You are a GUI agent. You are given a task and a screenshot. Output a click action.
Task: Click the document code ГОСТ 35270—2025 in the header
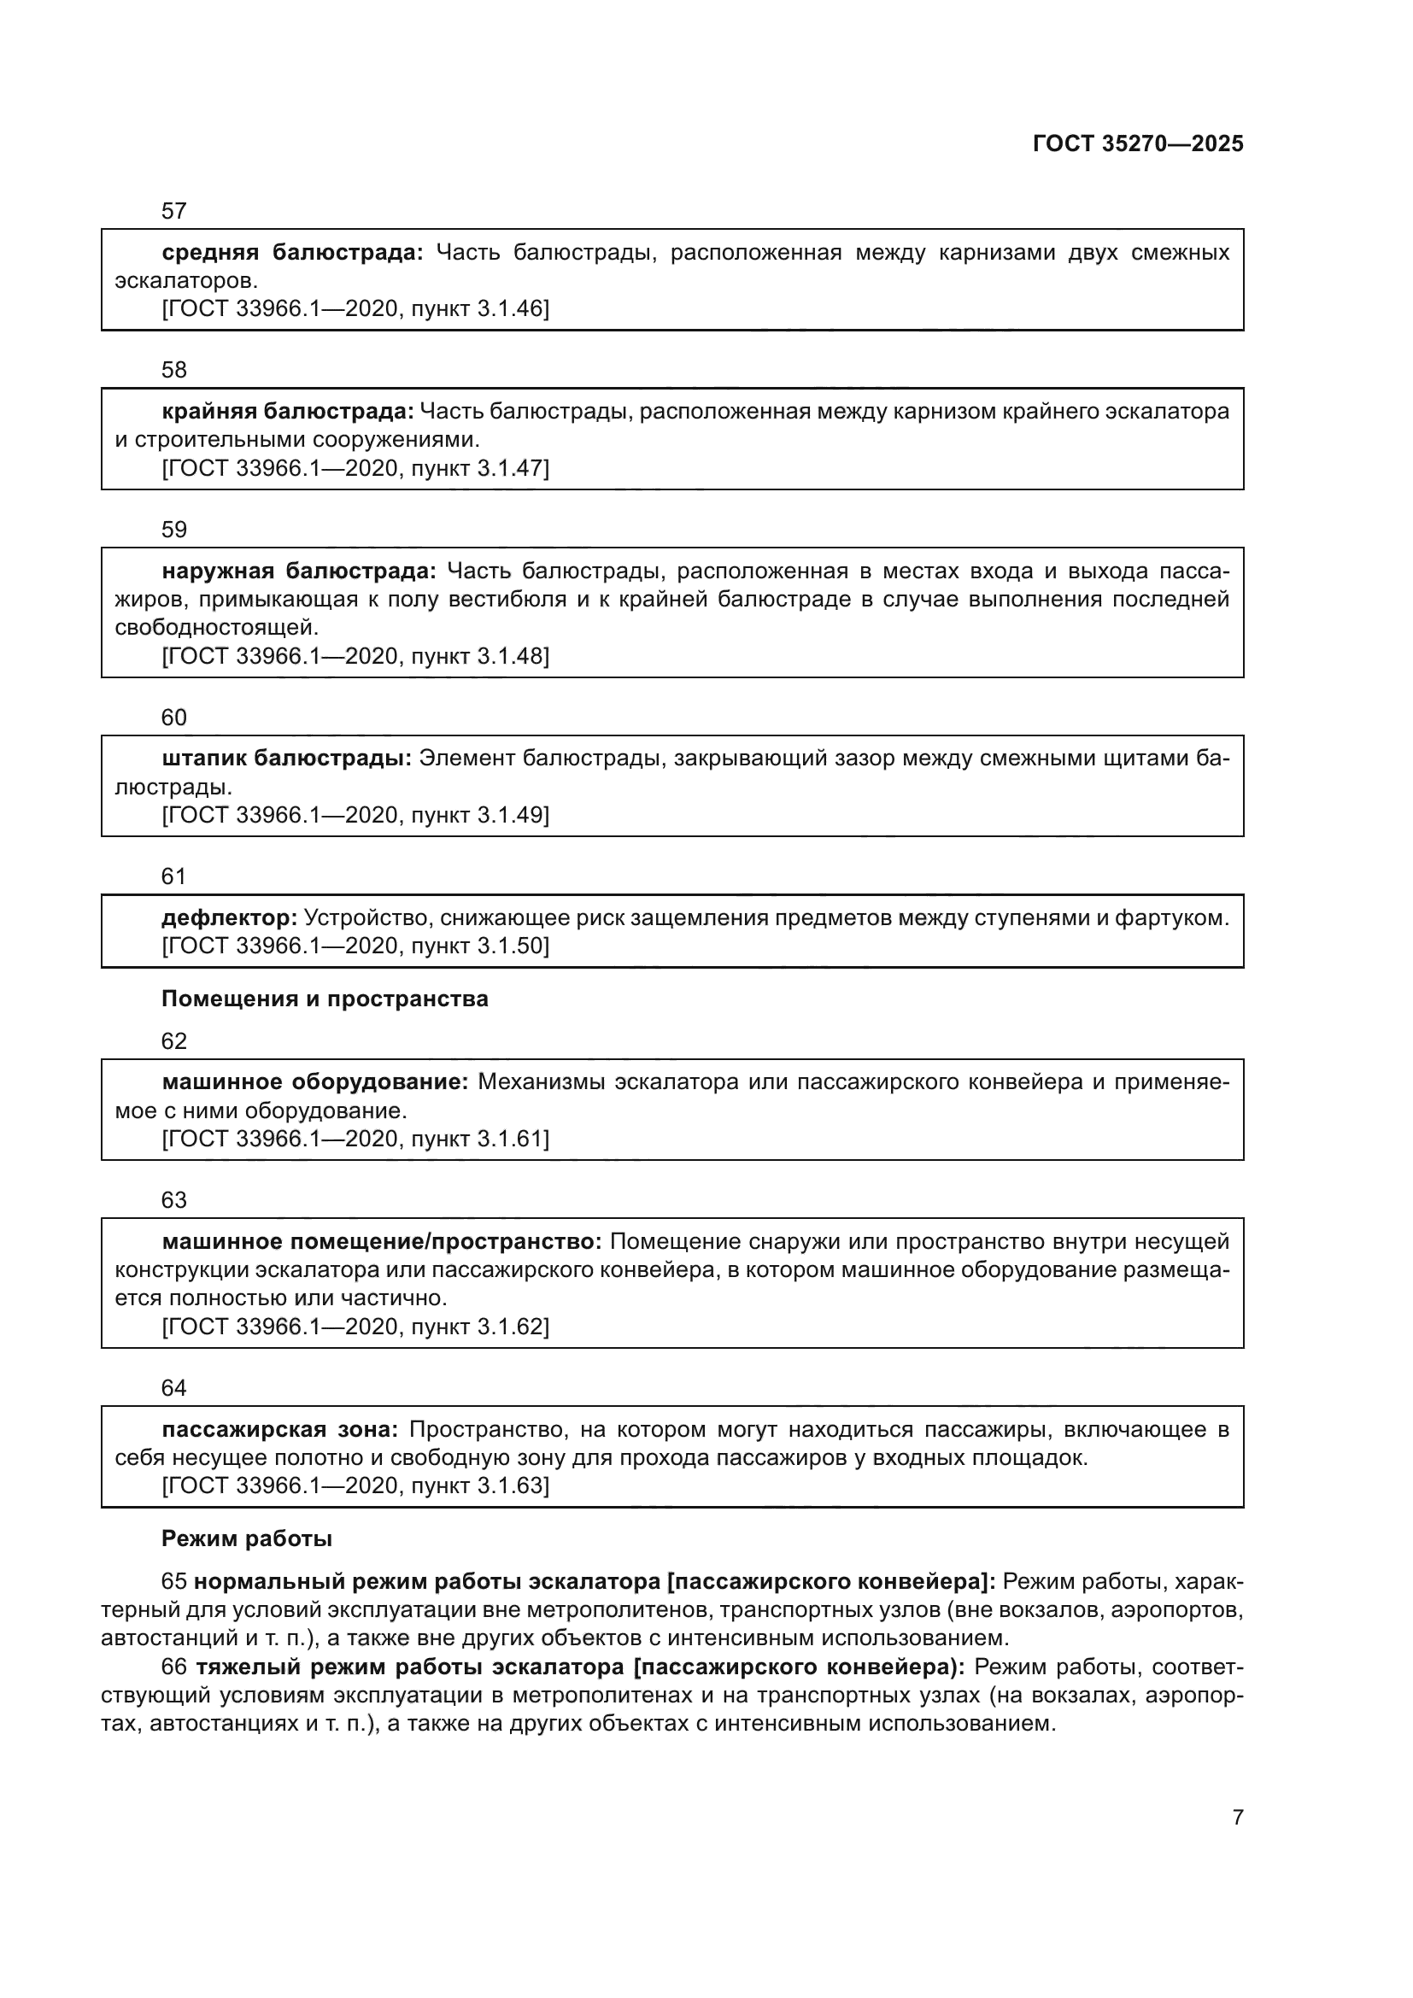pos(1137,144)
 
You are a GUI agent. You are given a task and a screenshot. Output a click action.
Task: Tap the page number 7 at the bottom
pos(1237,1817)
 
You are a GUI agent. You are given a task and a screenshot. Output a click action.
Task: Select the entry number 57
pos(174,211)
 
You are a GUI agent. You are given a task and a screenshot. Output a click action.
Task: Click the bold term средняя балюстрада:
pos(292,252)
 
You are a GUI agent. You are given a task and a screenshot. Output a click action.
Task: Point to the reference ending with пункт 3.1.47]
pos(355,468)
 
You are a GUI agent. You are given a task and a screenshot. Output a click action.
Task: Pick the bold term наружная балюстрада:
pos(298,571)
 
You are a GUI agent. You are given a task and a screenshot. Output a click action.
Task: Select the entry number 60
pos(174,717)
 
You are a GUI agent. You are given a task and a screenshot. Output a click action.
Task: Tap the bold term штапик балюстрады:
pos(286,759)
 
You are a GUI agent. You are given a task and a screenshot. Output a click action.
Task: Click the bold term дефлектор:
pos(230,917)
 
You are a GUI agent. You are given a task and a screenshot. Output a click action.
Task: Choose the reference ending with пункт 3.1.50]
pos(355,946)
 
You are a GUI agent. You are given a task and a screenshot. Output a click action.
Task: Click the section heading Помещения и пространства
pos(325,999)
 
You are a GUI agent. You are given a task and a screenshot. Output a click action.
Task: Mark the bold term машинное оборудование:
pos(315,1082)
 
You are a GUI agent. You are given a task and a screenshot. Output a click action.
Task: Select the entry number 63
pos(174,1200)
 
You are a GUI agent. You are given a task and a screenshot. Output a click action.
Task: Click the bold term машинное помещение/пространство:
pos(381,1242)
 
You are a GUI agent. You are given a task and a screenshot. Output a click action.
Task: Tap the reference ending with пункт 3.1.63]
pos(355,1485)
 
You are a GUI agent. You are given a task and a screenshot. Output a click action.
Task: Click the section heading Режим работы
pos(246,1538)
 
